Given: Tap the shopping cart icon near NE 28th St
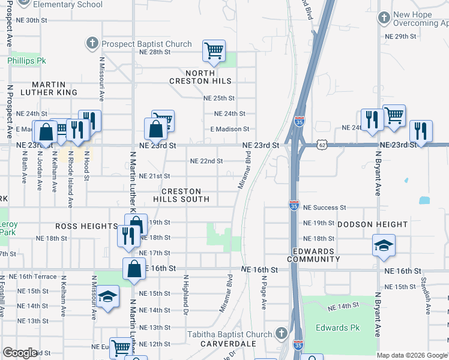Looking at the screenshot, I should point(214,51).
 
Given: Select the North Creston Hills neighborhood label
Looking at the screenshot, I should point(200,76).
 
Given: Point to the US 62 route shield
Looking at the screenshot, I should point(322,145).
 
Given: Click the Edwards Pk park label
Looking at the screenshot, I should point(341,328).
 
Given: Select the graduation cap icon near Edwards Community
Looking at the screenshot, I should point(384,245).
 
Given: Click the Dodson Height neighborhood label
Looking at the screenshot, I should point(372,224).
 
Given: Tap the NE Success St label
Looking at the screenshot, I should point(325,208).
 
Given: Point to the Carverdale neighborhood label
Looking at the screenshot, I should point(228,344).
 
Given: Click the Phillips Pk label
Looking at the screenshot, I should point(27,61).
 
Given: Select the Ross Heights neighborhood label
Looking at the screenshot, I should point(86,226).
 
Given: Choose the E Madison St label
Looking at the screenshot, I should point(229,129).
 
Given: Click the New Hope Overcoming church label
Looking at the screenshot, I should point(420,19).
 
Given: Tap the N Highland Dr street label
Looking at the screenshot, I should point(186,294).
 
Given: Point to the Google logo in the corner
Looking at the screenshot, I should point(20,353).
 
